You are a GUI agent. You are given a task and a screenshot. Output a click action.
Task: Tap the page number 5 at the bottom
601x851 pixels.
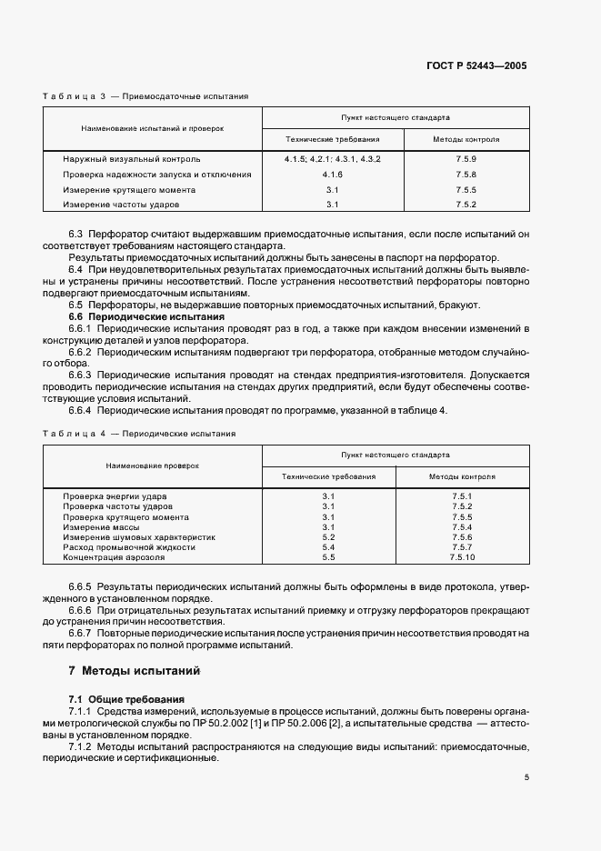(526, 777)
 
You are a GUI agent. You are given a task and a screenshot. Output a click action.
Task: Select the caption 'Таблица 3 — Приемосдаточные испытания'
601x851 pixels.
(145, 95)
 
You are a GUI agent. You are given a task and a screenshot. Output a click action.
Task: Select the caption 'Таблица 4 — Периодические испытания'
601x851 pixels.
(139, 434)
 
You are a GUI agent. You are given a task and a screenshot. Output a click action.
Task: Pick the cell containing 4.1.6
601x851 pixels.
(332, 175)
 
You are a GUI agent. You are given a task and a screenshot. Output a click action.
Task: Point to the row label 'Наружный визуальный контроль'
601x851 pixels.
(125, 159)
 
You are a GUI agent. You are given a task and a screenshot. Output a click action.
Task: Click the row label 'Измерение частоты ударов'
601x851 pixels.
(116, 205)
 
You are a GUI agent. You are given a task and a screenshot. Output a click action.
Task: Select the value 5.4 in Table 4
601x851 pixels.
(328, 547)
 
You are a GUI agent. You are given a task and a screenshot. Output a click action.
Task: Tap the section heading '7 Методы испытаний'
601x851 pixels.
(135, 671)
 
